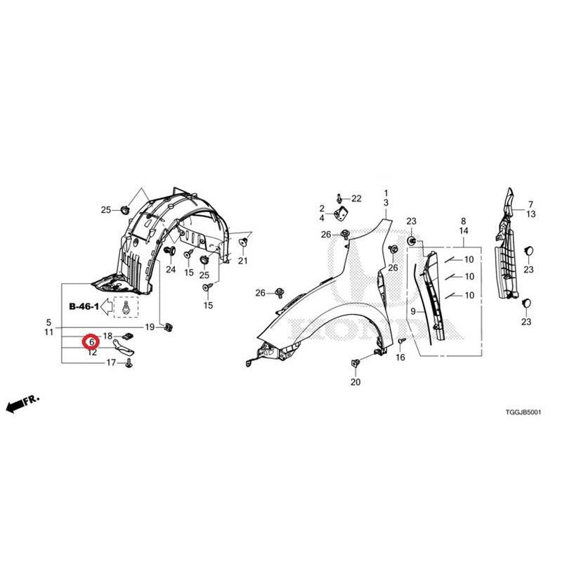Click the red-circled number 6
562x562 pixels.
[x=92, y=342]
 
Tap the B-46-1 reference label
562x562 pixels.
[x=84, y=306]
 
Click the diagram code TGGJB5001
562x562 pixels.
[x=523, y=412]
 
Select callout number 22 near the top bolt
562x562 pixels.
[x=356, y=199]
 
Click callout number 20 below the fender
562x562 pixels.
[x=355, y=382]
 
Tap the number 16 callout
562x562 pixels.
[x=400, y=357]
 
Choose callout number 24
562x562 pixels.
[x=171, y=269]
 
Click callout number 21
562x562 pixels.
[x=242, y=261]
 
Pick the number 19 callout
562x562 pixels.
[x=150, y=327]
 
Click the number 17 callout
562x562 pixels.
[x=111, y=362]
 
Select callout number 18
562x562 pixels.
[x=107, y=336]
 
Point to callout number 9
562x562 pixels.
[x=413, y=311]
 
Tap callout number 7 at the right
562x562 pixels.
[x=530, y=204]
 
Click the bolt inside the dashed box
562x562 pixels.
[x=126, y=308]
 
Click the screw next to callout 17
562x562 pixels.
[x=129, y=364]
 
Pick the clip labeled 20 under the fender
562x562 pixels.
[x=355, y=364]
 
